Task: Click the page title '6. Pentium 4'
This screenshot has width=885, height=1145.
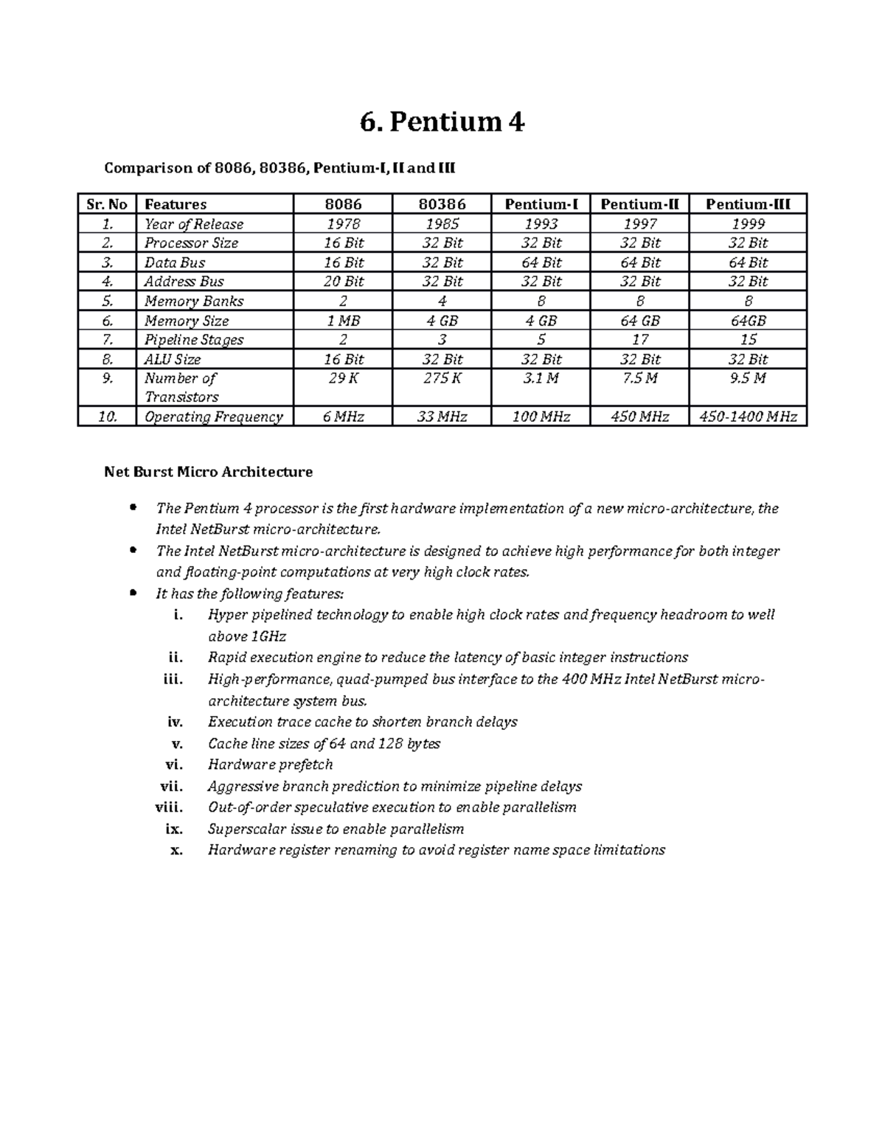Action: [442, 122]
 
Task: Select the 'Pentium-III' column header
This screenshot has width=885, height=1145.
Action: [748, 204]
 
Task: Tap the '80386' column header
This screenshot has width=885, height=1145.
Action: [442, 204]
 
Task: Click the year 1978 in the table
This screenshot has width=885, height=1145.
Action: [343, 224]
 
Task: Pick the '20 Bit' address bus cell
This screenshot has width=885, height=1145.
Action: [343, 282]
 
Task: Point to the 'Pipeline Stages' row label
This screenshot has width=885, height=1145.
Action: [194, 340]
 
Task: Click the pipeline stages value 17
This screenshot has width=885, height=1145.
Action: [639, 340]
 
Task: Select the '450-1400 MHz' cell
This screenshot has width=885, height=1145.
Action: [749, 417]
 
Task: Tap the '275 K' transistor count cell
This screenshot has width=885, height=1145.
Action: [442, 378]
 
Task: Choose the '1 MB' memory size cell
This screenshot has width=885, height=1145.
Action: [343, 321]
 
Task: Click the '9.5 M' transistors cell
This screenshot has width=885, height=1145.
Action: [748, 378]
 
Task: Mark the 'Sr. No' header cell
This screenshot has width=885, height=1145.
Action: [107, 204]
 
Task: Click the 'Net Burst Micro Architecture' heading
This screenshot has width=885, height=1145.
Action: [209, 472]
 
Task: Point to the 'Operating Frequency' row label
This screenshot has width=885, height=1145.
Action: [214, 417]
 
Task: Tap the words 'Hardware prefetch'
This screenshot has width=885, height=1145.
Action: [271, 765]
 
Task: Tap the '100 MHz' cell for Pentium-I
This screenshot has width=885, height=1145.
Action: [541, 417]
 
